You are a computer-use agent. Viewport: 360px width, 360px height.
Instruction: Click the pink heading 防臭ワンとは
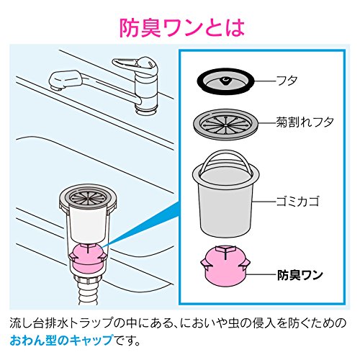tap(182, 28)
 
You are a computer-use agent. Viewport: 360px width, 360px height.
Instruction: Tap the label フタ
tap(287, 81)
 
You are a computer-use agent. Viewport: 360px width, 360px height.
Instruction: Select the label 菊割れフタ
tap(305, 122)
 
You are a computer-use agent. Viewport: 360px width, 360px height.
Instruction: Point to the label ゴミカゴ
tap(297, 201)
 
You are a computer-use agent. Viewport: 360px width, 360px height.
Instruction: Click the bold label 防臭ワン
tap(300, 275)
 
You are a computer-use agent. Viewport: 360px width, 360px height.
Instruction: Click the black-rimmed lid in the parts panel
tap(225, 81)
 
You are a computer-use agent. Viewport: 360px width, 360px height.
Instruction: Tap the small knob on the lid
tap(225, 81)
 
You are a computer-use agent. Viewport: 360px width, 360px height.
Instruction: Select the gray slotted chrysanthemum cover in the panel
tap(225, 125)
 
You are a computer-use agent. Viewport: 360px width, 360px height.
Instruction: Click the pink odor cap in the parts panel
tap(225, 266)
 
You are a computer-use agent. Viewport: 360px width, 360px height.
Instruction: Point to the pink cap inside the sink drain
tap(88, 258)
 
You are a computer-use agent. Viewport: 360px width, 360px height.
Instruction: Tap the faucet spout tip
tap(55, 85)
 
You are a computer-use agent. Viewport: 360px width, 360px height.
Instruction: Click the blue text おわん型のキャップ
tap(61, 340)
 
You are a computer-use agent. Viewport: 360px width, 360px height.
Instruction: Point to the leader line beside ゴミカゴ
tap(264, 201)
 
